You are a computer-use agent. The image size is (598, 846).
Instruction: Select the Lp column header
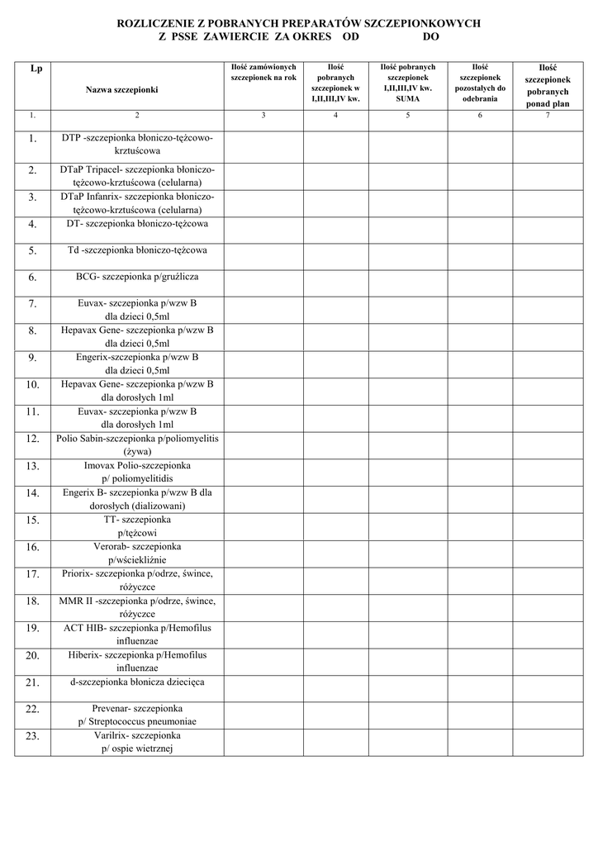click(x=36, y=69)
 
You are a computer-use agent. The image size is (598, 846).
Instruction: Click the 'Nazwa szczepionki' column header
click(x=121, y=88)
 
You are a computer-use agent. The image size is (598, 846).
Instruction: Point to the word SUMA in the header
click(x=407, y=97)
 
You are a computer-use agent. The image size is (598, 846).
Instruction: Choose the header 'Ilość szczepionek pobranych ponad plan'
click(x=547, y=85)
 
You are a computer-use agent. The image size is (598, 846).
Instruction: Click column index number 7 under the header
click(x=547, y=115)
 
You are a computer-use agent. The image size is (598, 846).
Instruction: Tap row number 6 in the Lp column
click(x=33, y=278)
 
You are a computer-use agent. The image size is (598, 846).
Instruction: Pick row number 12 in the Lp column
click(x=33, y=439)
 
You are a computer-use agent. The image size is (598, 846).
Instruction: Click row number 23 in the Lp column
click(x=33, y=736)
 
